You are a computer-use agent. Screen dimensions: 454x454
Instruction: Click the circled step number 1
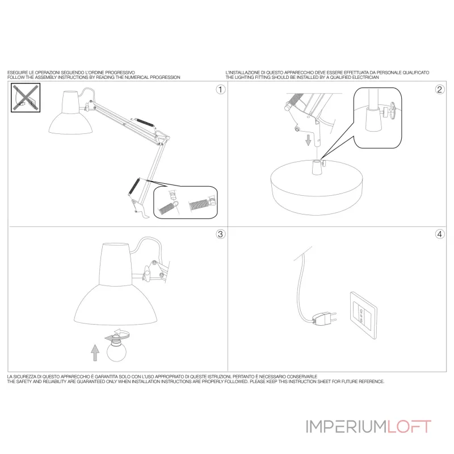pyautogui.click(x=221, y=90)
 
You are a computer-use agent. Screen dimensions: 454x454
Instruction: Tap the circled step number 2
pyautogui.click(x=440, y=90)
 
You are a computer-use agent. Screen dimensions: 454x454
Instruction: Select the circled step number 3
pyautogui.click(x=221, y=234)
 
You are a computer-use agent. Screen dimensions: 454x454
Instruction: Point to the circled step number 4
pyautogui.click(x=440, y=234)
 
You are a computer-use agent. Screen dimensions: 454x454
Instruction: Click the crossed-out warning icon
pyautogui.click(x=26, y=98)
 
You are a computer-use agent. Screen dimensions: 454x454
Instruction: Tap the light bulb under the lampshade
pyautogui.click(x=117, y=348)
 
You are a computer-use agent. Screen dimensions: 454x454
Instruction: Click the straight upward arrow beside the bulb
pyautogui.click(x=95, y=352)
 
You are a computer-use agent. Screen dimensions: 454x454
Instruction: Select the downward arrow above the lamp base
pyautogui.click(x=308, y=140)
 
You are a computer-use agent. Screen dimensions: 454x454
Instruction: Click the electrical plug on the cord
pyautogui.click(x=325, y=317)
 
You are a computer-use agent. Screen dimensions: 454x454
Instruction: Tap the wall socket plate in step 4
pyautogui.click(x=363, y=316)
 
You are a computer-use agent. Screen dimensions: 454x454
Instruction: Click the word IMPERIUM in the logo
pyautogui.click(x=346, y=427)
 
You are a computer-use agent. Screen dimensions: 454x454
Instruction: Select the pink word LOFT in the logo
pyautogui.click(x=409, y=427)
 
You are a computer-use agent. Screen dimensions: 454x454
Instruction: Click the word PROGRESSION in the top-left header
pyautogui.click(x=165, y=77)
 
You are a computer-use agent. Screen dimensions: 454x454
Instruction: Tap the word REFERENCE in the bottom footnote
pyautogui.click(x=372, y=381)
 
